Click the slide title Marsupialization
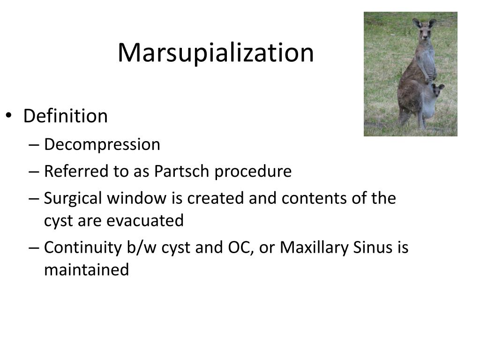(x=216, y=52)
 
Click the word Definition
(x=65, y=116)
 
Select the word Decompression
(x=102, y=145)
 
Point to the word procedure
(x=253, y=172)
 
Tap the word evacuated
(x=145, y=221)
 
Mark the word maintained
(x=86, y=270)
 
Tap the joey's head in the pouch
(x=437, y=90)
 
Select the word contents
(x=315, y=199)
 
